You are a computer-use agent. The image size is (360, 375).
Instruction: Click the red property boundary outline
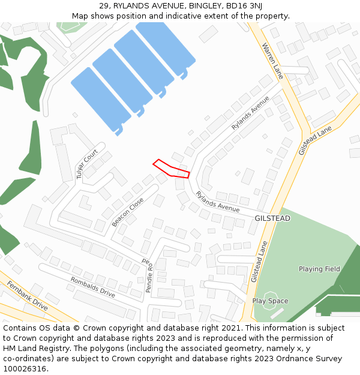(x=172, y=168)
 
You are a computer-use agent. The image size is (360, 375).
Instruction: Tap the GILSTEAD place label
(x=272, y=218)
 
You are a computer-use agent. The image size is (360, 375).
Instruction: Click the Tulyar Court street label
(x=86, y=164)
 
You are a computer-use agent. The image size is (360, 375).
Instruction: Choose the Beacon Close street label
(x=127, y=212)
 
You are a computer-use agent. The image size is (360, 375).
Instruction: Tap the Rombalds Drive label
(x=92, y=287)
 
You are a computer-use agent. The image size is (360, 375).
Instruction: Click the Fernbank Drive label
(x=27, y=296)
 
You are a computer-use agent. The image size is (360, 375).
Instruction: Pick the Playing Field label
(x=319, y=269)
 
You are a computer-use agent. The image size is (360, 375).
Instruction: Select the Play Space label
(x=270, y=301)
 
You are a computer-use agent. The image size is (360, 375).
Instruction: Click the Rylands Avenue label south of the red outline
(x=217, y=202)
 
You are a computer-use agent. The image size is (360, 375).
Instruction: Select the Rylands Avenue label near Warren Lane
(x=251, y=113)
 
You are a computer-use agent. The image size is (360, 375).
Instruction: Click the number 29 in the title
(x=104, y=5)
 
